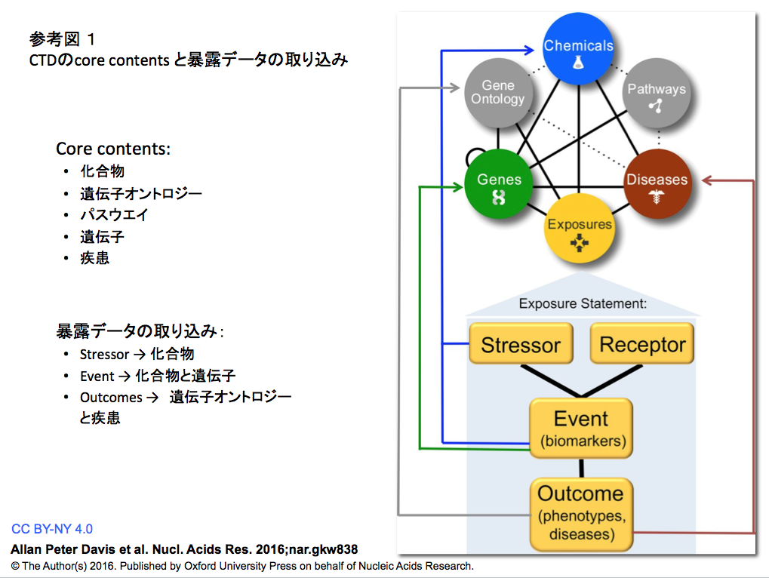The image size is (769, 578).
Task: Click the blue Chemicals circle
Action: (578, 49)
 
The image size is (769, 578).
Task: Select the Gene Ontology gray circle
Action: (498, 93)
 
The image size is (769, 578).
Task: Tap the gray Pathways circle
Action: (657, 93)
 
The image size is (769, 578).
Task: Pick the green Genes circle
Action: (499, 184)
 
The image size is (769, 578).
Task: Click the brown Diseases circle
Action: (657, 184)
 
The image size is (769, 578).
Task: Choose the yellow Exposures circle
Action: (579, 228)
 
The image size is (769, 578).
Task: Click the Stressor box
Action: (521, 343)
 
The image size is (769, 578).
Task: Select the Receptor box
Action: (642, 343)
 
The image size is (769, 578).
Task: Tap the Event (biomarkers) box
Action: (581, 428)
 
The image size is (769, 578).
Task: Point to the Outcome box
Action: (581, 515)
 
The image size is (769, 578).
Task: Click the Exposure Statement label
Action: (583, 303)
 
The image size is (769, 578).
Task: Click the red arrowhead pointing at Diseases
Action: (706, 180)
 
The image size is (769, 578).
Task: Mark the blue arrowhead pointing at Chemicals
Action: (529, 50)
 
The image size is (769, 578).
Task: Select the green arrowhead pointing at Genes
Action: (457, 187)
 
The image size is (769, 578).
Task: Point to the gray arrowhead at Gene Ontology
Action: (454, 88)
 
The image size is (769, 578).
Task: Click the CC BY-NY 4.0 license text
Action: (52, 529)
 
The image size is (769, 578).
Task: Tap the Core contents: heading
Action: (113, 149)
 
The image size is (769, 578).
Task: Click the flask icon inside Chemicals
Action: (579, 63)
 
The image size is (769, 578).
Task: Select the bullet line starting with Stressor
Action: (137, 354)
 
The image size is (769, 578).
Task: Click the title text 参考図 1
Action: (63, 38)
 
